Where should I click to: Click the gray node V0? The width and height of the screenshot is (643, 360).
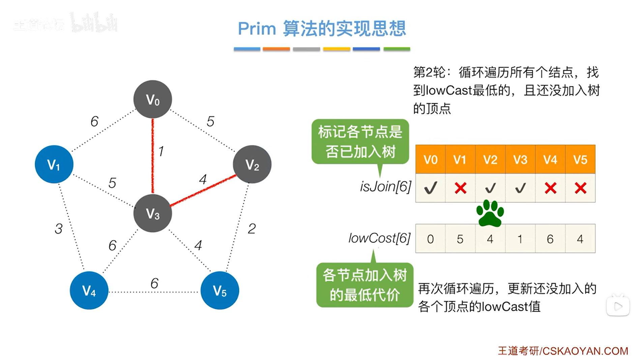(153, 99)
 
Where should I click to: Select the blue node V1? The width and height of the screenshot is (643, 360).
(54, 164)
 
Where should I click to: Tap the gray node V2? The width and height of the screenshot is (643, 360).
(252, 164)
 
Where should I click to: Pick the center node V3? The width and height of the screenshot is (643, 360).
(153, 213)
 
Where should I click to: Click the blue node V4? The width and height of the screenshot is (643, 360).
(89, 290)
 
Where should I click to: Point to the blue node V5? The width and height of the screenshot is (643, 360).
(220, 290)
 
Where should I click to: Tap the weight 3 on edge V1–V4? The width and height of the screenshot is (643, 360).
(59, 229)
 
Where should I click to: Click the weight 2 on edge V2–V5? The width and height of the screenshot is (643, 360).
(252, 229)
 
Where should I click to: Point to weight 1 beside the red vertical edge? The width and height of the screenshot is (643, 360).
(161, 151)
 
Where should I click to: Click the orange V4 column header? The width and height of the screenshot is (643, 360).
(550, 159)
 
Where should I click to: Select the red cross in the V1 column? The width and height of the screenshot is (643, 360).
(460, 188)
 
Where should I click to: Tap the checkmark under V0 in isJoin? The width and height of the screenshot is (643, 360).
(430, 188)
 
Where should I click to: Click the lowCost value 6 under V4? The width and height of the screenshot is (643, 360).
(550, 239)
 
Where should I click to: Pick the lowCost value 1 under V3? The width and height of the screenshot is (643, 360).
(520, 239)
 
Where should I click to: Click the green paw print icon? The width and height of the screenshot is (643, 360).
(490, 213)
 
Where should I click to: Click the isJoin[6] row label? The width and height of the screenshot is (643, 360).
(385, 186)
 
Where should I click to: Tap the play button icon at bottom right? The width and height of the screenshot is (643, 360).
(618, 306)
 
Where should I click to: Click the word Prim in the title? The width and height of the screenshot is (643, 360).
(257, 29)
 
